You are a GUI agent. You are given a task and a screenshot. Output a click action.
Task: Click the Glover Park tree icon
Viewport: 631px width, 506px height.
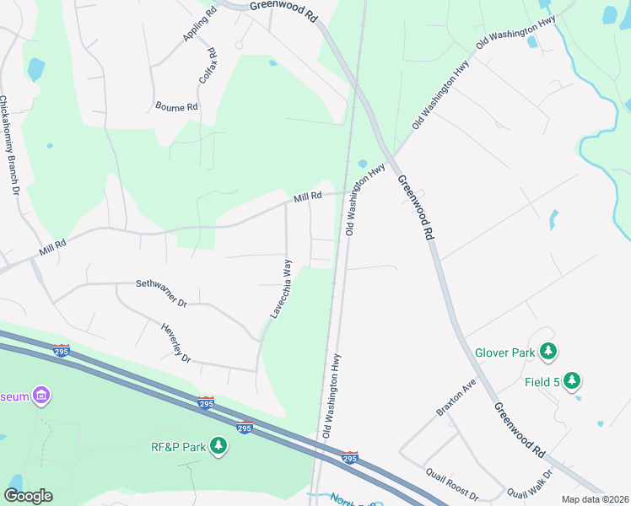[x=548, y=351]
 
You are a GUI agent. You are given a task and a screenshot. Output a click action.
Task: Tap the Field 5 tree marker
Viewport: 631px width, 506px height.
[x=572, y=381]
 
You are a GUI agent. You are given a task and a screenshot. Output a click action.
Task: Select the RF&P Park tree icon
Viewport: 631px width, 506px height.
[x=218, y=445]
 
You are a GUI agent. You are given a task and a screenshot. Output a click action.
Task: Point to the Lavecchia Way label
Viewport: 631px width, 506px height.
[x=281, y=289]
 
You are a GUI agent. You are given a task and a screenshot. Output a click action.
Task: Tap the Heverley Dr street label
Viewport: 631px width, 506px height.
[x=175, y=342]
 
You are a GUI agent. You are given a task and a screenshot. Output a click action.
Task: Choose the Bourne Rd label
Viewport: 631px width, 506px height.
[x=176, y=107]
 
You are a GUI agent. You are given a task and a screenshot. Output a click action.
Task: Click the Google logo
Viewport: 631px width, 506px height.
[x=28, y=496]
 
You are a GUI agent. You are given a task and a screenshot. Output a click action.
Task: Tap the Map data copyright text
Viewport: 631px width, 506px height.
[x=594, y=499]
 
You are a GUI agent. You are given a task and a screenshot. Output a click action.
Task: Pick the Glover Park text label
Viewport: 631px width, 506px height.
[x=504, y=352]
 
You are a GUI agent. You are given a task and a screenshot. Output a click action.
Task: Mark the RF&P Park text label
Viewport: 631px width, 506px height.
[x=178, y=446]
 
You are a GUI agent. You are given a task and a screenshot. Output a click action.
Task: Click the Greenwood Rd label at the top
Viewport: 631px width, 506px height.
[x=283, y=9]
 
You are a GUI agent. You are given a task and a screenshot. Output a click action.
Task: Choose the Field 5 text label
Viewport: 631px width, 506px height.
[x=543, y=382]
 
